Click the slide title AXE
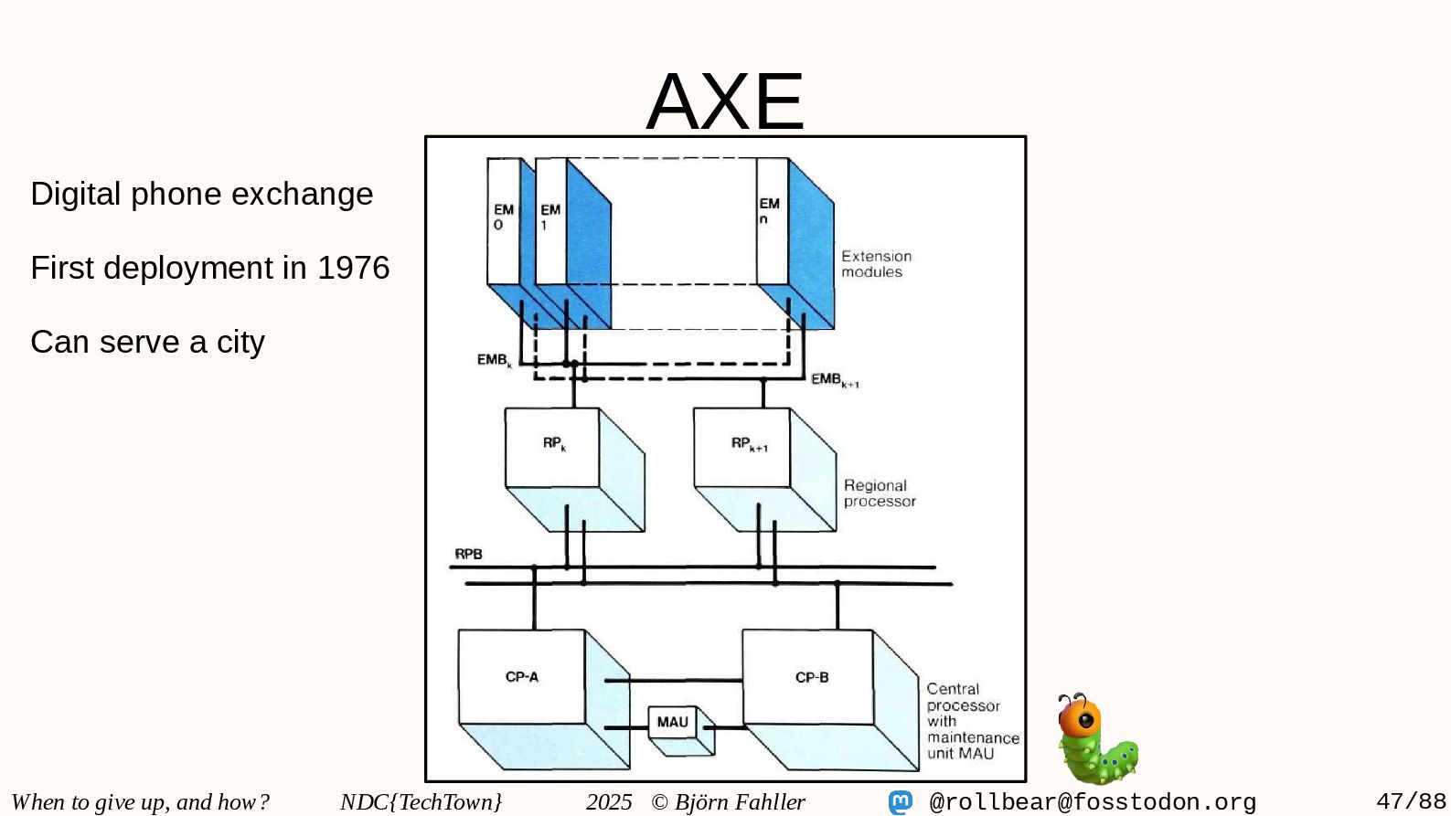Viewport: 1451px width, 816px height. (725, 101)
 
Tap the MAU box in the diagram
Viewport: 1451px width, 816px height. (672, 723)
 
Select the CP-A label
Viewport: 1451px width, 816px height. (522, 677)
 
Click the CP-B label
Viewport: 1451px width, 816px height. (812, 678)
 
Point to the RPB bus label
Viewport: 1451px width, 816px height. (468, 554)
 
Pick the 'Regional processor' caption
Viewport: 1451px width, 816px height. (879, 493)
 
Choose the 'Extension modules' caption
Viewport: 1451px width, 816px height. (876, 264)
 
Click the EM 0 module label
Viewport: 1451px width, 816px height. (503, 217)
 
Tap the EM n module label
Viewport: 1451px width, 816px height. (769, 211)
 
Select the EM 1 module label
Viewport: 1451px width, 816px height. (549, 217)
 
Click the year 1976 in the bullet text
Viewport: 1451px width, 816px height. (353, 268)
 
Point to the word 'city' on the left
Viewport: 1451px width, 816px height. (240, 342)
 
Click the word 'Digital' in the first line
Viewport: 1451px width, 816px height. (76, 194)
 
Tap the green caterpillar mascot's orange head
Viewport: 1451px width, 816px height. (1081, 718)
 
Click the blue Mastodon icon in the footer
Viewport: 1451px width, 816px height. (901, 802)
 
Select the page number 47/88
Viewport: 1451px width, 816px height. (1411, 802)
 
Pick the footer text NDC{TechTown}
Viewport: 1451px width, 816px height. (421, 802)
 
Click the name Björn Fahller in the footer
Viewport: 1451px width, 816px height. (740, 802)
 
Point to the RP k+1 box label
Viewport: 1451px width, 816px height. (749, 444)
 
